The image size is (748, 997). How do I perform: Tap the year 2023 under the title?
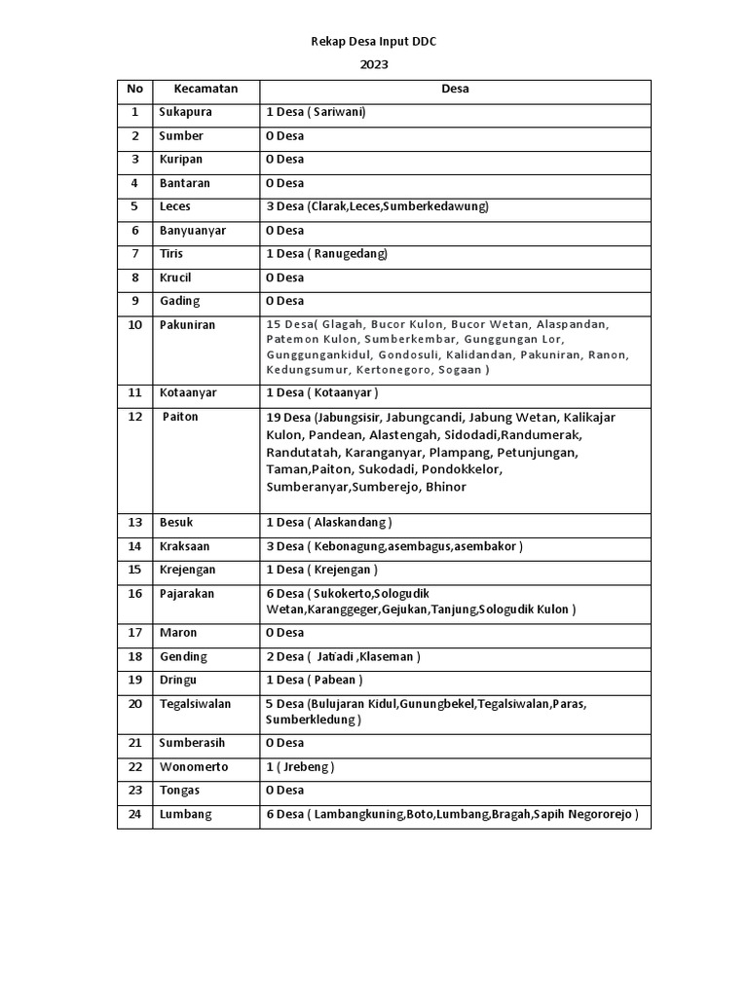pos(374,66)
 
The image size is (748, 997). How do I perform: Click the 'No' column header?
pos(134,89)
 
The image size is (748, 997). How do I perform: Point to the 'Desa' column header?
pos(455,89)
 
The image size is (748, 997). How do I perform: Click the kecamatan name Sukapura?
pos(185,112)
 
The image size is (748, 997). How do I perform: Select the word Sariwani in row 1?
pos(338,112)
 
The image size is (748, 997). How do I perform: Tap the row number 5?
pos(134,206)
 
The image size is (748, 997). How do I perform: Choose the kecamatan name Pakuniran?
pos(189,324)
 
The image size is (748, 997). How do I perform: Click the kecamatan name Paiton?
pos(182,417)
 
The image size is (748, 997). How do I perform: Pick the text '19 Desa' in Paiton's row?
pos(288,417)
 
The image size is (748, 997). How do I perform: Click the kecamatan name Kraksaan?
pos(186,546)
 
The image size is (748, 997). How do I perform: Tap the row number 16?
pos(134,593)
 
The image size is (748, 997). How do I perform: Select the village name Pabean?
pos(337,680)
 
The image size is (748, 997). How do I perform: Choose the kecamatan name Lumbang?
pos(185,814)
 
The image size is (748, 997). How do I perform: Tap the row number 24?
pos(134,814)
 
